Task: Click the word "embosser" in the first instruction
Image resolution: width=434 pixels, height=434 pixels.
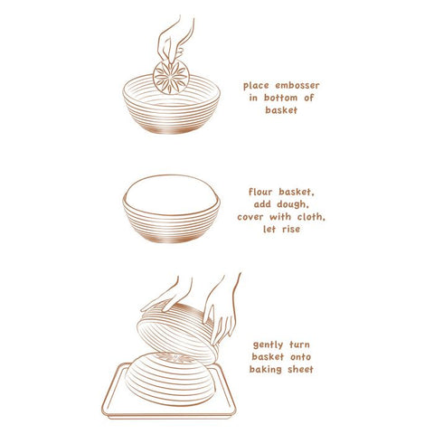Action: click(x=297, y=86)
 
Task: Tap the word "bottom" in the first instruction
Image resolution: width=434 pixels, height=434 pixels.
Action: click(x=281, y=98)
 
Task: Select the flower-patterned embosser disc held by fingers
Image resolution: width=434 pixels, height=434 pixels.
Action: click(x=171, y=77)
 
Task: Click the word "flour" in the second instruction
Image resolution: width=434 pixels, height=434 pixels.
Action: click(x=261, y=192)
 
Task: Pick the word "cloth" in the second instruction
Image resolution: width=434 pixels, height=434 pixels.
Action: click(x=311, y=217)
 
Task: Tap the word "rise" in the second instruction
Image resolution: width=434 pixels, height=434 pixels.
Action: click(x=291, y=229)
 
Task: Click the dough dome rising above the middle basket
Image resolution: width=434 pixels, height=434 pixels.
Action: click(x=171, y=194)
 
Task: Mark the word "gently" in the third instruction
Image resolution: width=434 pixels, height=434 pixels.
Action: click(x=268, y=345)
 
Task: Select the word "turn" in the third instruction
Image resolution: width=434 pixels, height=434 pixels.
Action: click(x=299, y=344)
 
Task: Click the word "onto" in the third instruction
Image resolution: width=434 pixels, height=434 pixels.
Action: click(x=300, y=357)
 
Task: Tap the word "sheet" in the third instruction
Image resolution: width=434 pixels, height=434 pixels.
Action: click(x=300, y=369)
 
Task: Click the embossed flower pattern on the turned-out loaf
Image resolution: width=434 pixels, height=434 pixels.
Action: click(x=174, y=358)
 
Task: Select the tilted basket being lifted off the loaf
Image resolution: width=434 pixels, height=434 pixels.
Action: click(x=178, y=333)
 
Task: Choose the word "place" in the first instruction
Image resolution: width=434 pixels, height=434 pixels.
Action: click(x=256, y=86)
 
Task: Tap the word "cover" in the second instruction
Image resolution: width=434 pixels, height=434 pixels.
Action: click(x=249, y=217)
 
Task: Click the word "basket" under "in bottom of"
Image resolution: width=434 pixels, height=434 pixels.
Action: click(x=281, y=110)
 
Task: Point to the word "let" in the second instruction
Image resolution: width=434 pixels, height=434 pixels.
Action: click(x=269, y=229)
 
